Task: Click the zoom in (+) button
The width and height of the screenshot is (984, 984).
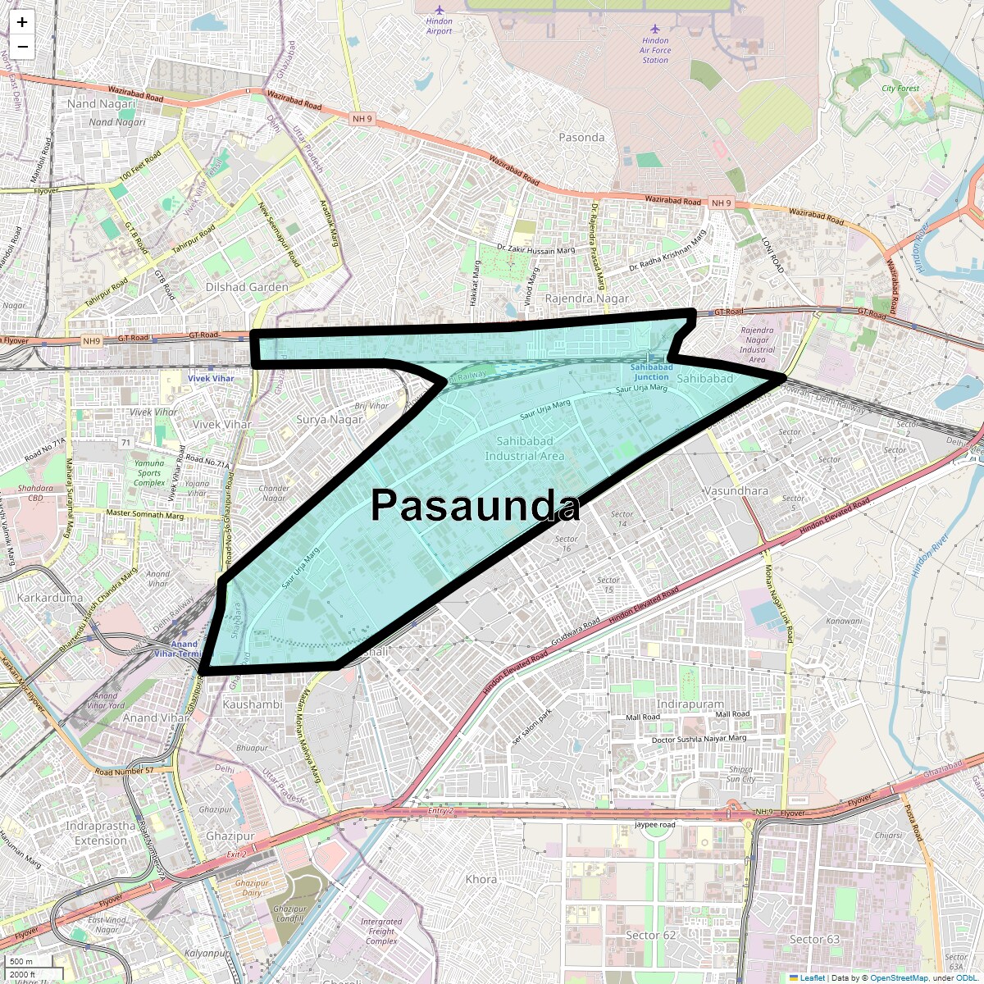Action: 22,22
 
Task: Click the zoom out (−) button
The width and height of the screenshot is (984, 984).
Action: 22,47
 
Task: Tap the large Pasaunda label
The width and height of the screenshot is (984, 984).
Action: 476,506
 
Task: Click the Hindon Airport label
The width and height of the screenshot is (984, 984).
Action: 439,26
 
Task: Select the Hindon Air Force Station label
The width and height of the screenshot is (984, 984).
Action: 655,50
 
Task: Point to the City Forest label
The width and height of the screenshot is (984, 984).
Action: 900,89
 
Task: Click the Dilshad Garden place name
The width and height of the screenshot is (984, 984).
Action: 247,287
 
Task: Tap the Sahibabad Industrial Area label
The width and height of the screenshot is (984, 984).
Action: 525,449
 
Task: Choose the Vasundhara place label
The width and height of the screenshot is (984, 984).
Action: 736,491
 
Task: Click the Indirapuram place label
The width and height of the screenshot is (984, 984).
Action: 690,704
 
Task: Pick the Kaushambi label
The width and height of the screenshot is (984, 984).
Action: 253,704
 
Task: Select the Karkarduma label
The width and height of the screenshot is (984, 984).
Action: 50,598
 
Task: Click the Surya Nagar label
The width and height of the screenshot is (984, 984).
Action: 329,419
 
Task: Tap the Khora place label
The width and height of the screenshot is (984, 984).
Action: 481,879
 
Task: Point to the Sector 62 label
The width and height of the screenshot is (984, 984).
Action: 651,935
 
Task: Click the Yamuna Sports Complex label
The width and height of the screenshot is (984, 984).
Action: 149,473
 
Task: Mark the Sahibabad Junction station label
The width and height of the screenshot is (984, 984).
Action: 651,372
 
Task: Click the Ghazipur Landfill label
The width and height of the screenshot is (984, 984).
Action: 289,913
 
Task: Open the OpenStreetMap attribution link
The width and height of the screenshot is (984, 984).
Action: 900,977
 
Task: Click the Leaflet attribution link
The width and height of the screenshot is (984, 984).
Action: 812,977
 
